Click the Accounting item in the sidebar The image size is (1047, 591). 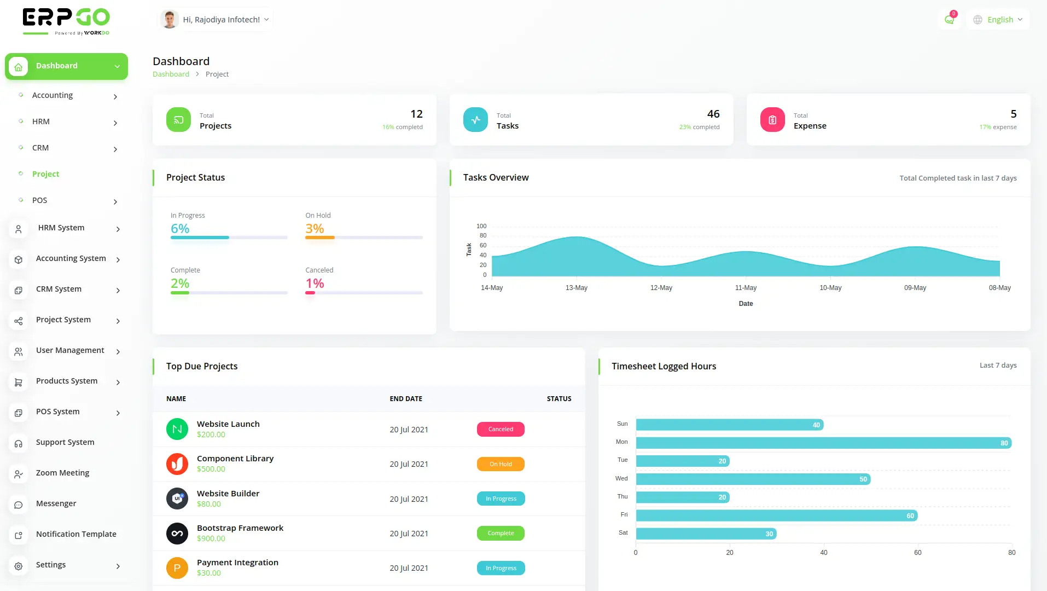[53, 95]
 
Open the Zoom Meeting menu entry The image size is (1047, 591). [62, 473]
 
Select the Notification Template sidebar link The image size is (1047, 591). [76, 534]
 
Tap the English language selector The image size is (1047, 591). [1000, 20]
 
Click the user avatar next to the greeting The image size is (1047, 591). [170, 20]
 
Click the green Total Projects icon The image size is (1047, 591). [178, 120]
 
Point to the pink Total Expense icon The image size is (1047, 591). [772, 120]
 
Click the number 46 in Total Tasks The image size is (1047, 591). [713, 114]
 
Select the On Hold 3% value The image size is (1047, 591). [315, 229]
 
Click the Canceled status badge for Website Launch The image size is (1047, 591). [501, 430]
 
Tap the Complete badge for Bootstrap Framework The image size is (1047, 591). [501, 534]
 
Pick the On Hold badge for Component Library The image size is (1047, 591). [501, 464]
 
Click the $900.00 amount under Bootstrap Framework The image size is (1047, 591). [211, 538]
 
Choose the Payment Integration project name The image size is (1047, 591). [237, 563]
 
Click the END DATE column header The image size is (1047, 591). [406, 399]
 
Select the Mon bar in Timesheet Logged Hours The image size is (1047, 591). [823, 443]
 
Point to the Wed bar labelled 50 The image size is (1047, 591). [753, 479]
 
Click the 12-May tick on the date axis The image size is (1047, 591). [661, 288]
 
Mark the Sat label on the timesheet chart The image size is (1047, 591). [623, 532]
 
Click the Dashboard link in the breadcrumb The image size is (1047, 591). [171, 74]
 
